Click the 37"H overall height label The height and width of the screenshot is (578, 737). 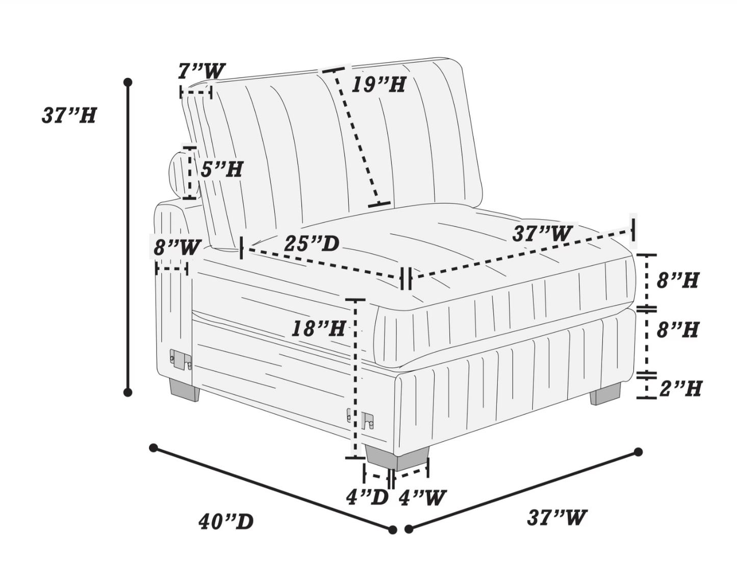[x=69, y=115]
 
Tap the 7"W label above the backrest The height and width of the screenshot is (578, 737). [x=201, y=71]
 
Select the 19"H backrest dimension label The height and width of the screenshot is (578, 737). [x=378, y=85]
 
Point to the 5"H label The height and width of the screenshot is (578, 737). [x=222, y=170]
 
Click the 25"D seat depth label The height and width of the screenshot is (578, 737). [x=312, y=244]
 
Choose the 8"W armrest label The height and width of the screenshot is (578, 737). [x=177, y=248]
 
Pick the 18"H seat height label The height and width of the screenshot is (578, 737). [x=318, y=328]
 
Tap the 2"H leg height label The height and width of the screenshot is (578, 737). [x=680, y=389]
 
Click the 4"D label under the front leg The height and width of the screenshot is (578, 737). [x=367, y=498]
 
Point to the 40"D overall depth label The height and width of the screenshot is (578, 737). [x=226, y=522]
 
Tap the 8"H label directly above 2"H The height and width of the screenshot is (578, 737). [x=678, y=330]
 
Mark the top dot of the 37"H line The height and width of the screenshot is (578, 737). [x=128, y=82]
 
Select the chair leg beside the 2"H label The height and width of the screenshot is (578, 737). [x=605, y=394]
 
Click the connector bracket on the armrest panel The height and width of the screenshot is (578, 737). [x=181, y=360]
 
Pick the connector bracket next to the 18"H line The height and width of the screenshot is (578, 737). [x=361, y=420]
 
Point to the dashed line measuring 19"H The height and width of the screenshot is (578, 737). [x=356, y=137]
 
